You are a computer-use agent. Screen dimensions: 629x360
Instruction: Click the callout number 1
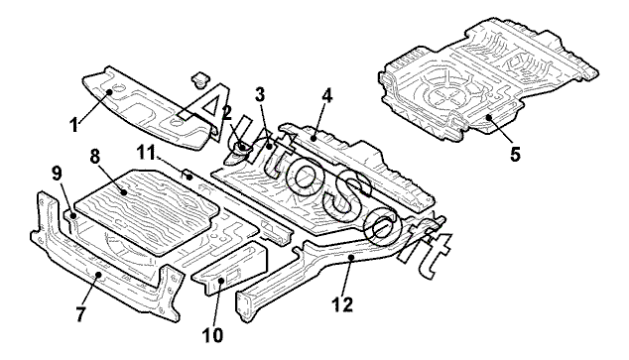[73, 126]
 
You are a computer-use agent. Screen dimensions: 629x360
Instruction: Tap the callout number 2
[226, 113]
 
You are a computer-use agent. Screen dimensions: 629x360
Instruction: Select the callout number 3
[260, 95]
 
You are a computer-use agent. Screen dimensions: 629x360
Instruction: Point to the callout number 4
[327, 96]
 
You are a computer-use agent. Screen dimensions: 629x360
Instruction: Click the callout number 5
[515, 154]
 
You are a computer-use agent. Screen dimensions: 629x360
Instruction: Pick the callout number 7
[80, 314]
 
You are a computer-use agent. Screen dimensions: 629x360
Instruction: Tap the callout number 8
[95, 157]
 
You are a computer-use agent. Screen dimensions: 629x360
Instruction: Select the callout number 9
[57, 174]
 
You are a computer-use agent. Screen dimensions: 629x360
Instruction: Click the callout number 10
[212, 335]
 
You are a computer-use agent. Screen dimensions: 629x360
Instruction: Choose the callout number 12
[342, 304]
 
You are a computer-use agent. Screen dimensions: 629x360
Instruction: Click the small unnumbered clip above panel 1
[199, 78]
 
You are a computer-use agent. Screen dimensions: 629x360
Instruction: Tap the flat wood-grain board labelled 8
[147, 212]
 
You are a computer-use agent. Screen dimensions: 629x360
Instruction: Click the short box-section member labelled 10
[230, 268]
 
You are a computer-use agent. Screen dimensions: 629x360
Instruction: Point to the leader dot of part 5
[488, 117]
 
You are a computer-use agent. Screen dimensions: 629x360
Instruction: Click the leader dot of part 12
[350, 257]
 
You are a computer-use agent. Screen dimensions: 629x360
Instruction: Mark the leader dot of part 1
[109, 92]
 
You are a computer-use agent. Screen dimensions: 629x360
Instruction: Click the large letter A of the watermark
[204, 107]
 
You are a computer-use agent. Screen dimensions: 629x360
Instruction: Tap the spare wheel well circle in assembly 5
[444, 95]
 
